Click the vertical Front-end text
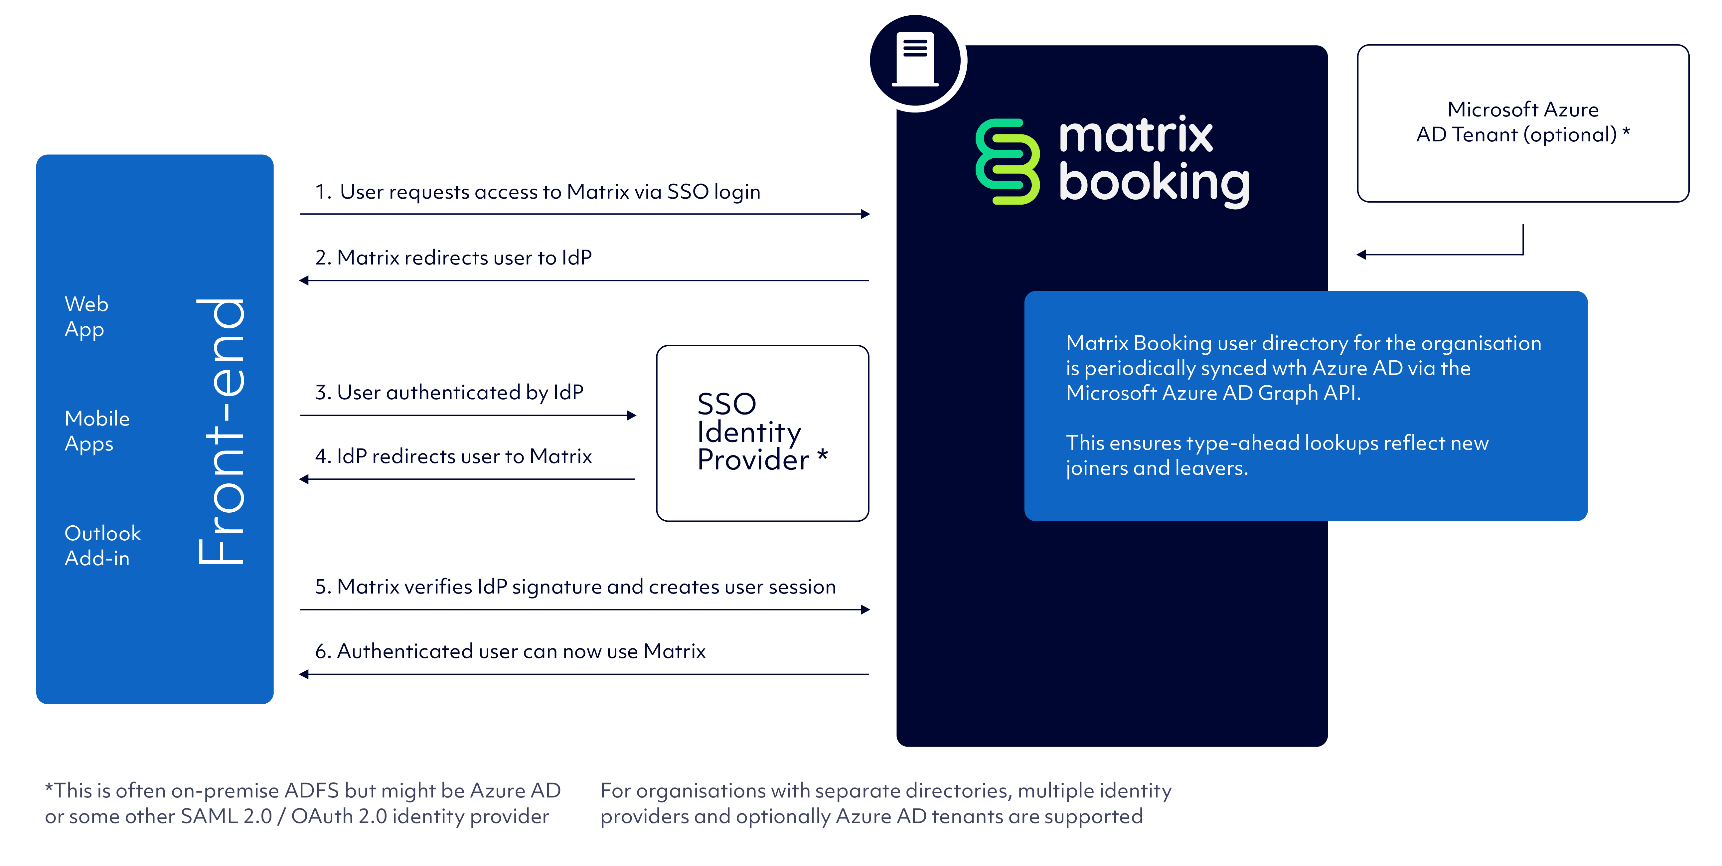coord(222,431)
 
